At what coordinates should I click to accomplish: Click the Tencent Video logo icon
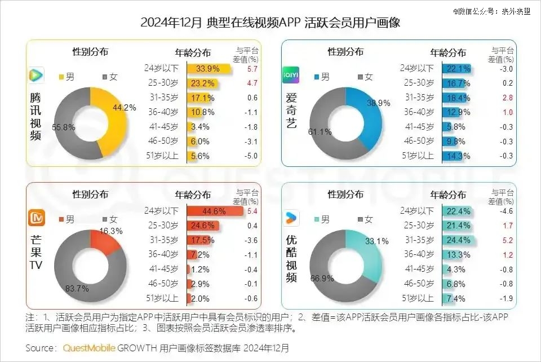[x=36, y=75]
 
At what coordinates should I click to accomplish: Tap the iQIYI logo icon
[x=291, y=75]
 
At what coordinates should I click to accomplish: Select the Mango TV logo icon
[x=36, y=218]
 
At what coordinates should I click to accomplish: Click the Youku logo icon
[x=291, y=218]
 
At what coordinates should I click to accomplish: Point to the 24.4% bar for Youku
[x=459, y=241]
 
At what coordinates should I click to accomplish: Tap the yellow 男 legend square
[x=62, y=77]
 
